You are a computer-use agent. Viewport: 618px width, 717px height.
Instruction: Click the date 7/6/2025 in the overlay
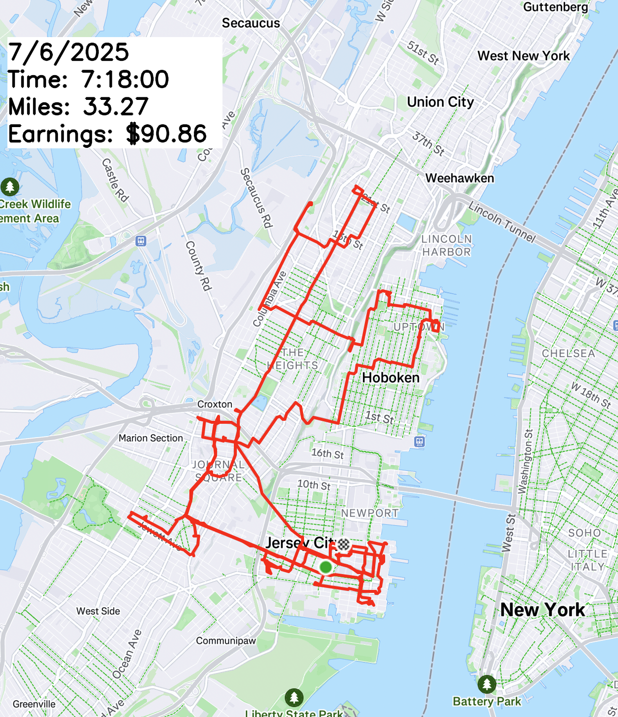[x=69, y=52]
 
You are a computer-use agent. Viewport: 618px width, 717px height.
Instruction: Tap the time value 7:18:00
[x=125, y=80]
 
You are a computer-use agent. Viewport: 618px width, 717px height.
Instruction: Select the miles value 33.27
[x=116, y=107]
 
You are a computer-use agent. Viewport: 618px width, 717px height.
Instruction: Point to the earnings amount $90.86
[x=166, y=134]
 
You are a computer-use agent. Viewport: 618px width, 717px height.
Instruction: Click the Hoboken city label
[x=391, y=378]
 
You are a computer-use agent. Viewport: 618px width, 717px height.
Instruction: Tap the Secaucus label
[x=251, y=23]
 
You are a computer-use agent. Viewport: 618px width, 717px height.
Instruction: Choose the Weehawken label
[x=459, y=178]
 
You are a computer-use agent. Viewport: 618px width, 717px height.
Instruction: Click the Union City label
[x=440, y=102]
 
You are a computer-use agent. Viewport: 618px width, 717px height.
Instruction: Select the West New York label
[x=524, y=56]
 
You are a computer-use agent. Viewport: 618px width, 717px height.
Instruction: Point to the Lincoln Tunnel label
[x=502, y=222]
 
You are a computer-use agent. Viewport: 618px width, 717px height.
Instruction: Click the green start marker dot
[x=325, y=567]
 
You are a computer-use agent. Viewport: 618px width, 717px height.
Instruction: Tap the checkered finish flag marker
[x=344, y=544]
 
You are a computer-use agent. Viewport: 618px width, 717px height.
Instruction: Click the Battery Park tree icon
[x=487, y=684]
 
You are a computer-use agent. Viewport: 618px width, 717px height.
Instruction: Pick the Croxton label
[x=215, y=404]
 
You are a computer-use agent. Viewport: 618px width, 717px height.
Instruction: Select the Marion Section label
[x=151, y=438]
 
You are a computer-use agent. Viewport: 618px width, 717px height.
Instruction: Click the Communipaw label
[x=226, y=641]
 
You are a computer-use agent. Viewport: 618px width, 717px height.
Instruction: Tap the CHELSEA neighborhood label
[x=568, y=354]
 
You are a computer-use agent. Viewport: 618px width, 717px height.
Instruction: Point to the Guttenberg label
[x=556, y=7]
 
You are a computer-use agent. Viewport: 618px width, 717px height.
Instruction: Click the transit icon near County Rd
[x=141, y=241]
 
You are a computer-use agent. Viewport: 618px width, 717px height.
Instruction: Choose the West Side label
[x=98, y=611]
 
